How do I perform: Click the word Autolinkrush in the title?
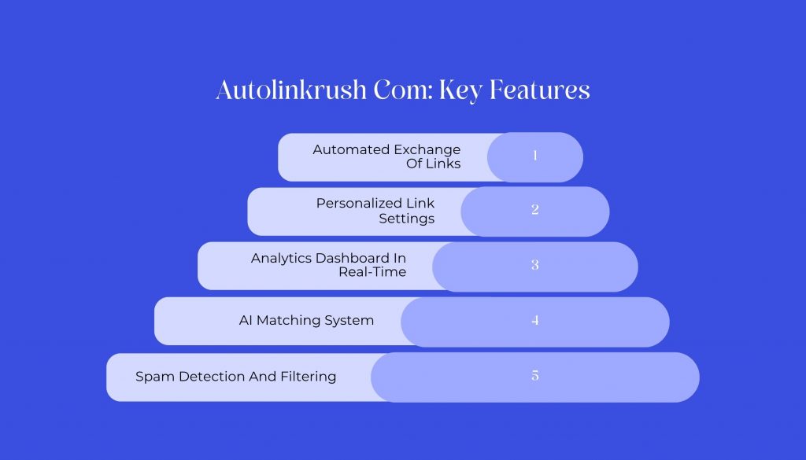[291, 90]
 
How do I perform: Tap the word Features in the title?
[540, 90]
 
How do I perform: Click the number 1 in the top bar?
[535, 155]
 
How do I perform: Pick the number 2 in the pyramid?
[535, 209]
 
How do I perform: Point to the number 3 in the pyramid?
[535, 265]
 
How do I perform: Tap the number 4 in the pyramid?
[535, 320]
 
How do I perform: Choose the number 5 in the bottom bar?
[535, 376]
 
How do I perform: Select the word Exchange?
[427, 149]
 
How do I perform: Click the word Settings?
[407, 219]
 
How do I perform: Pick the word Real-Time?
[372, 272]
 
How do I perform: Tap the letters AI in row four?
[246, 320]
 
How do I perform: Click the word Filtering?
[309, 377]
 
